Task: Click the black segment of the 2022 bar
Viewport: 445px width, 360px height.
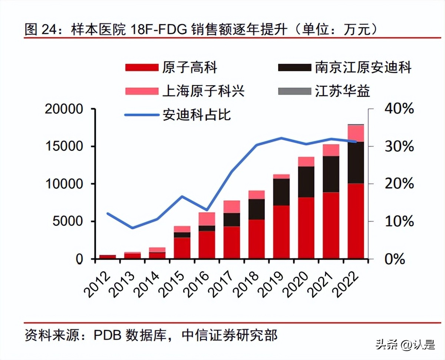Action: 356,163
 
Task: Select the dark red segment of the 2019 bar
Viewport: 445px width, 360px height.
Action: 281,232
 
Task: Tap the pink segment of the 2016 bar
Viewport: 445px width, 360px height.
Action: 207,219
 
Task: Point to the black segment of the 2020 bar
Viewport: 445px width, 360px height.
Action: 306,181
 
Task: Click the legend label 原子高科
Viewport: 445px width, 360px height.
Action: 189,68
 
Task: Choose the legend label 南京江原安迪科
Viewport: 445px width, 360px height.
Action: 363,68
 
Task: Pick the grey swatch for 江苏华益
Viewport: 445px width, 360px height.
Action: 294,91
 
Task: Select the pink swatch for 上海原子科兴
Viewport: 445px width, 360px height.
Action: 142,91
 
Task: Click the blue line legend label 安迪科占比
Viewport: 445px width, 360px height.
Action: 197,114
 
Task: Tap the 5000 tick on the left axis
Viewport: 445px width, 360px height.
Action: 68,222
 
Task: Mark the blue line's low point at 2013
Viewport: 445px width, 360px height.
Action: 132,228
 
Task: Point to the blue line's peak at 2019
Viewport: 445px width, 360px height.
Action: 281,138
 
